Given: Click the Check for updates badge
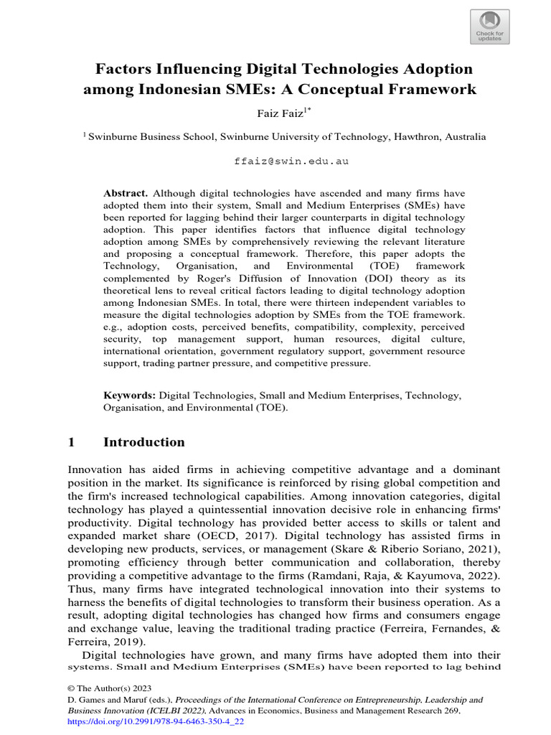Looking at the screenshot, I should tap(490, 27).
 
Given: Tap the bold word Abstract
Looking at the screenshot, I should tap(126, 193).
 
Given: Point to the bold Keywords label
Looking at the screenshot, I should tap(129, 395).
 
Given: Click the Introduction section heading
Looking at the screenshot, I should tap(144, 442).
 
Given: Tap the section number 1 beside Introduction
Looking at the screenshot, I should tap(72, 442).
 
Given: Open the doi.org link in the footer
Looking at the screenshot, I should tap(156, 721).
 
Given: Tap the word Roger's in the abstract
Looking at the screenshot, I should tap(209, 278).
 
